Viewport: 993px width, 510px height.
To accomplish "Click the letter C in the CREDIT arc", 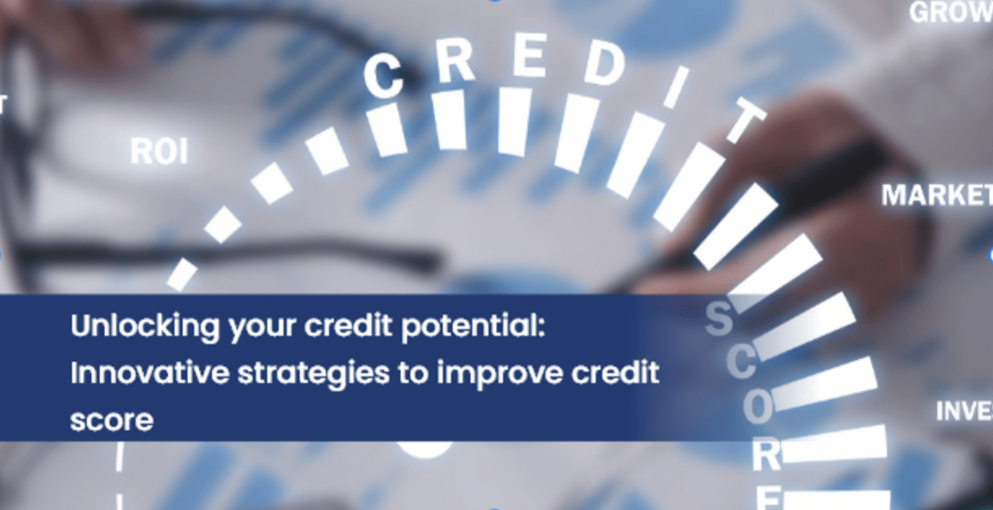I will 384,76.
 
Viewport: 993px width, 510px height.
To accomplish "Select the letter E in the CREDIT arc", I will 530,58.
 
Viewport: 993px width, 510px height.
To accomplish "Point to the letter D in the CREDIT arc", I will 604,67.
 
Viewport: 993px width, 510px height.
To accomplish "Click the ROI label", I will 159,153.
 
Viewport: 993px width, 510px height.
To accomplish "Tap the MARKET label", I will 937,196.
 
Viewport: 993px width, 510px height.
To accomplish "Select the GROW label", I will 950,13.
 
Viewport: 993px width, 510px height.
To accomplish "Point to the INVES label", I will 963,411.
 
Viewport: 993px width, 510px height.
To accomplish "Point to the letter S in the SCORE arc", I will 718,319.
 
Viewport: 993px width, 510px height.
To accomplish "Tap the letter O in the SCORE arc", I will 757,409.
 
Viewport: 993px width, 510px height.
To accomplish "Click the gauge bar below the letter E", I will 513,121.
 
